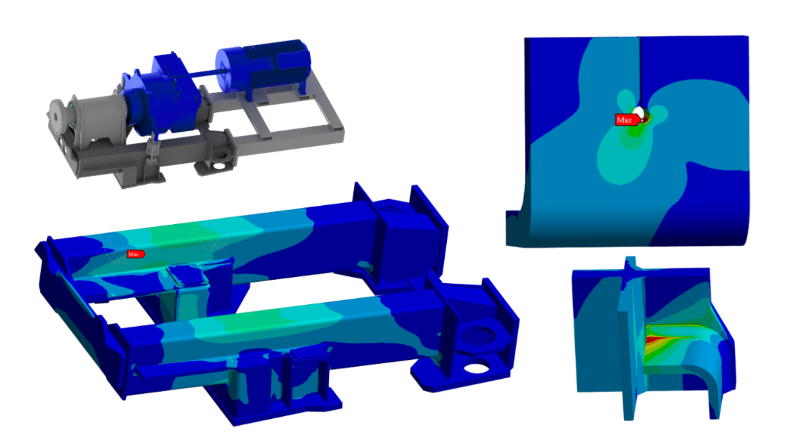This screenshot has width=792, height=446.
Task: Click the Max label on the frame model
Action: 135,254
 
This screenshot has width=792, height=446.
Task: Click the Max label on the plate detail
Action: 626,120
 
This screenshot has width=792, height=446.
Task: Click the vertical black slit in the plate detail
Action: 640,70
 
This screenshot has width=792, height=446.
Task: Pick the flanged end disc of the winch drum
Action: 56,116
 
